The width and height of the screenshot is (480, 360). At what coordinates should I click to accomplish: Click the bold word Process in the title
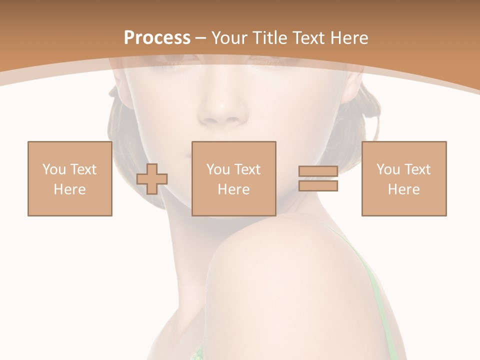(157, 38)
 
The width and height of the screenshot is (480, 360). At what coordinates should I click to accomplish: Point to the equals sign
(318, 178)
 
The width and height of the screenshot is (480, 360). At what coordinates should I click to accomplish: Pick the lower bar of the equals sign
(318, 185)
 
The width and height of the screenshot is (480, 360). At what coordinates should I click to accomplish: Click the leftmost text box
(70, 178)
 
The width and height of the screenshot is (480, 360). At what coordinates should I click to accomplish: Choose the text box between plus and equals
(234, 178)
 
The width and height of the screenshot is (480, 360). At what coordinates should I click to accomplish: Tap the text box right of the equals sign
(404, 178)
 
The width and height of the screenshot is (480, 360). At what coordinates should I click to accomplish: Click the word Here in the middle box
(234, 189)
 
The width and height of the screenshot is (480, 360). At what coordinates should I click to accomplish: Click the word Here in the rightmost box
(404, 189)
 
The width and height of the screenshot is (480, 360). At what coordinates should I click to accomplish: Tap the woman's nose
(220, 107)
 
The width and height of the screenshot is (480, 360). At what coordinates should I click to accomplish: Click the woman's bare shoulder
(280, 260)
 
